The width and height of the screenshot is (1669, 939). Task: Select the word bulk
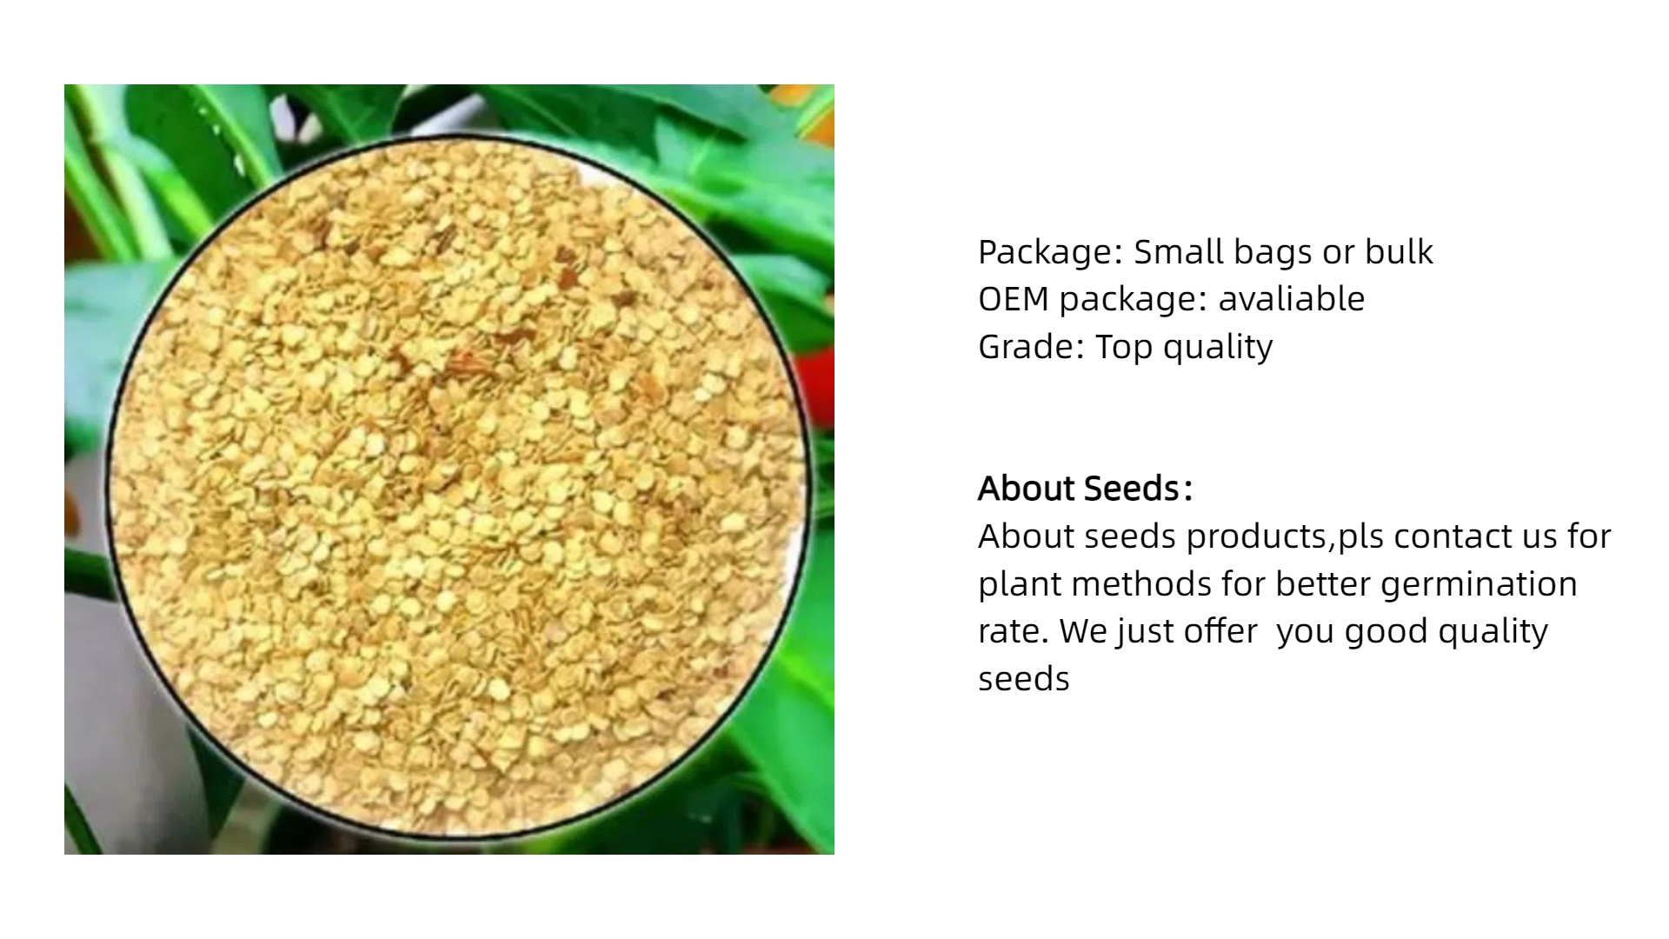coord(1399,251)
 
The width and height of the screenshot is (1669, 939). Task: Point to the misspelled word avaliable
coord(1291,298)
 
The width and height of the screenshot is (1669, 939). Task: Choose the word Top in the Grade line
coord(1123,348)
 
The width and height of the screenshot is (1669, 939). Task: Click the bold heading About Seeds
coord(1084,489)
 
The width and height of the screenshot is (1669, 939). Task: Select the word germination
coord(1478,585)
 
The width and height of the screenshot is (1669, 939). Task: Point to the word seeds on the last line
coord(1023,678)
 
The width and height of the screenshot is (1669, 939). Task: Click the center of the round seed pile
coord(458,488)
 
